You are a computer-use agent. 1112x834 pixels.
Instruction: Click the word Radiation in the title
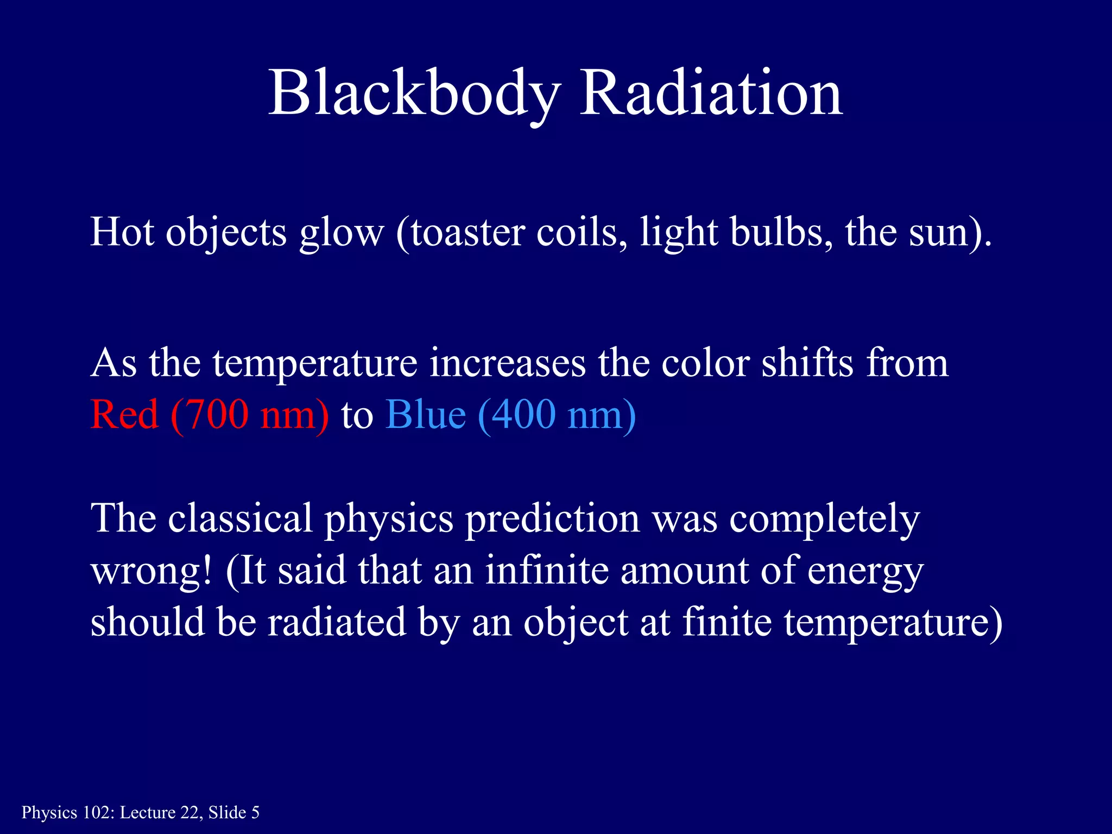pyautogui.click(x=711, y=93)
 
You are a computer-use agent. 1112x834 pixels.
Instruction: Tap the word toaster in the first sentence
pyautogui.click(x=467, y=232)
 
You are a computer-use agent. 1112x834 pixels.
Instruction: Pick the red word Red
pyautogui.click(x=124, y=415)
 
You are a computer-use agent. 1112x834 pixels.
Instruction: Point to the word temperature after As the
pyautogui.click(x=315, y=364)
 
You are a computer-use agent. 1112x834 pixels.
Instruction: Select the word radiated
pyautogui.click(x=337, y=622)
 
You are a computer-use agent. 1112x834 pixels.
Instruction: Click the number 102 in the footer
pyautogui.click(x=97, y=813)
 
